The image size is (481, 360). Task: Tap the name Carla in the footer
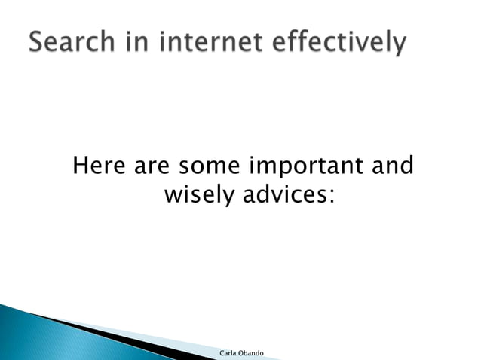pos(228,353)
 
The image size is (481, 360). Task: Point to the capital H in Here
pos(80,165)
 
